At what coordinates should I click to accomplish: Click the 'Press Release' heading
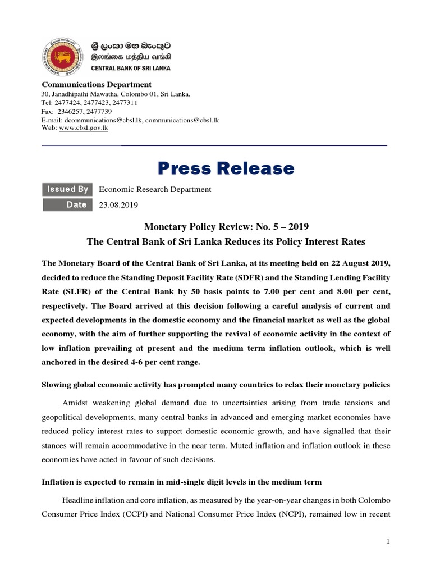tap(225, 168)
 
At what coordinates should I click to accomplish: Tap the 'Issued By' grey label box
tap(68, 189)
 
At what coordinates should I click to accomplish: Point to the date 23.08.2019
tap(118, 205)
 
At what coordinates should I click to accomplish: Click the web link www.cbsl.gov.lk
tap(84, 128)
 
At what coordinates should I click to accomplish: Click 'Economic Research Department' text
tap(155, 190)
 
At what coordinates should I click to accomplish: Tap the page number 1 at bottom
tap(387, 542)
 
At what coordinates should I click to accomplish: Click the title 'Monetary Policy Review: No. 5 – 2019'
tap(226, 227)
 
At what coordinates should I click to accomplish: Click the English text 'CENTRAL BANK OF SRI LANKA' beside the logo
tap(131, 68)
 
